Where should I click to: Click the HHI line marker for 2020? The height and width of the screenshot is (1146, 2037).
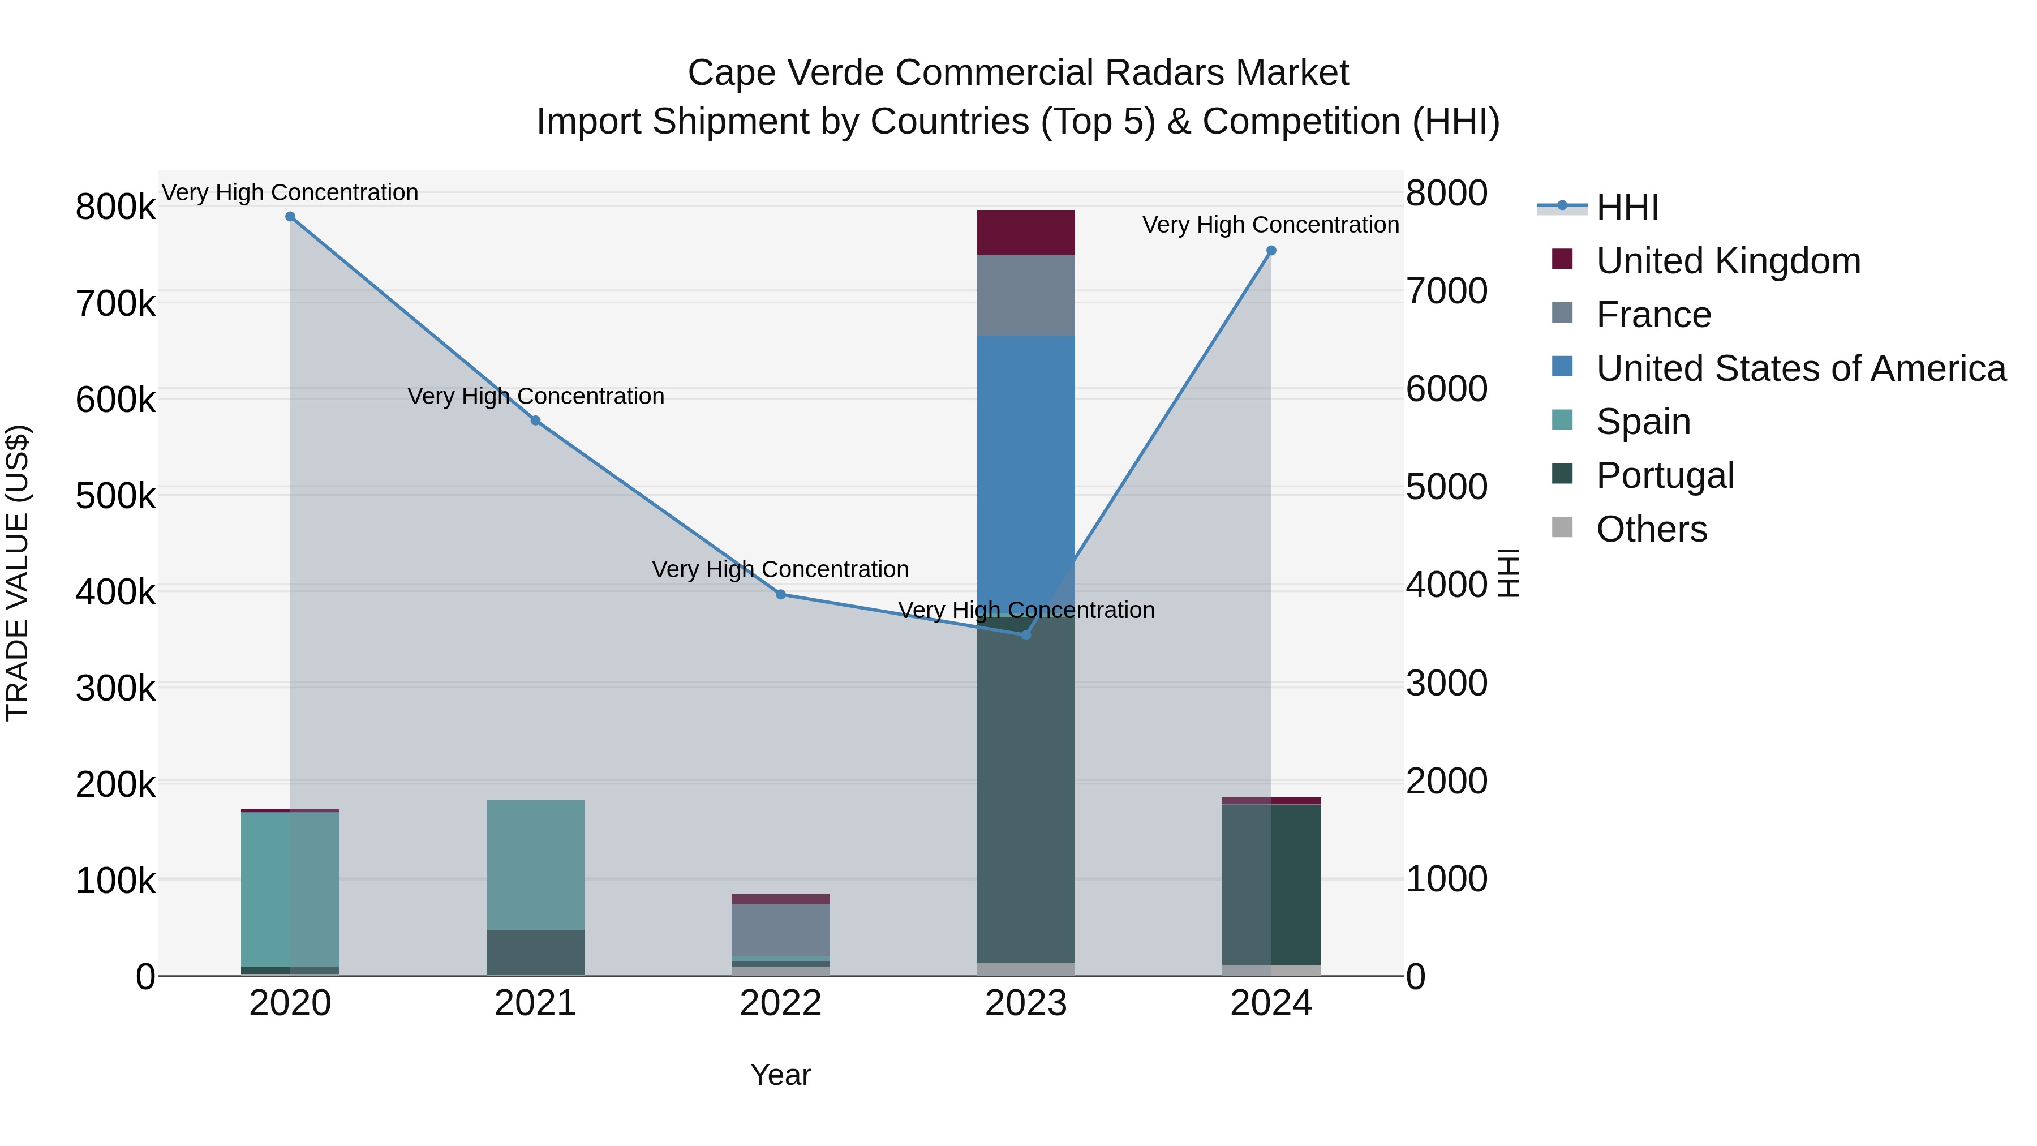coord(290,217)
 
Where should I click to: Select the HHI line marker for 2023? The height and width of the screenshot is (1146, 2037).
coord(1026,635)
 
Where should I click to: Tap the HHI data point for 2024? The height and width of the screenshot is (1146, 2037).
coord(1271,251)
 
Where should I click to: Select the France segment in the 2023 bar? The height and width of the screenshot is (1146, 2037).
coord(1026,295)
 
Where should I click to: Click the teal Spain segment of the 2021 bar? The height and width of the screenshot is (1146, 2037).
coord(535,864)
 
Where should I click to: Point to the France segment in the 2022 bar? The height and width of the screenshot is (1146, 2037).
coord(780,930)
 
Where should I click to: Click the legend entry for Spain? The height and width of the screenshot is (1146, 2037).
coord(1643,422)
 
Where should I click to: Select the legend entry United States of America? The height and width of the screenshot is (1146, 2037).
coord(1800,368)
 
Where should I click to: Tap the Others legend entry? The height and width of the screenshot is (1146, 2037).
coord(1651,529)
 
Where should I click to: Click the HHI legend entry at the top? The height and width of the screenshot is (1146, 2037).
coord(1627,207)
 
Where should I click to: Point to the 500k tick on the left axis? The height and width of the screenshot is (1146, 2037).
coord(115,496)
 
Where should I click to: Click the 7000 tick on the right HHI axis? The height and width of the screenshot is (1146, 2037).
coord(1446,291)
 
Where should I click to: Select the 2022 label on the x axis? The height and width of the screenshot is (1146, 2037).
coord(780,1003)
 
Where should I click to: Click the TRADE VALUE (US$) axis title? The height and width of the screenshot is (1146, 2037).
coord(18,573)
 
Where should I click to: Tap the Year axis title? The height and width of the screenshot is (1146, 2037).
coord(780,1075)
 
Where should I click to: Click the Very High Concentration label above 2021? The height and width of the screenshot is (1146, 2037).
coord(535,396)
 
